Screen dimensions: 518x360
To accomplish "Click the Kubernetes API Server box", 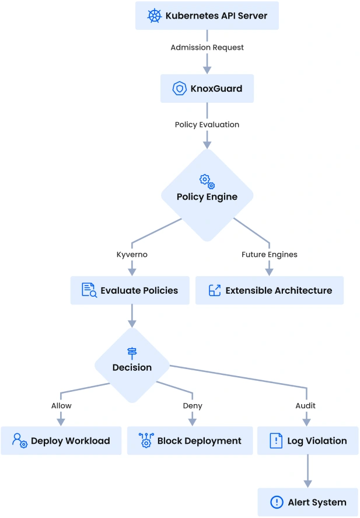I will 207,16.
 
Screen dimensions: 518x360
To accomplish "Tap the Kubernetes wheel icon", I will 154,16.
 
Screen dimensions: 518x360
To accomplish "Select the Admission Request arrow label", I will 207,47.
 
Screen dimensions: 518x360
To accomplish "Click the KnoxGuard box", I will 207,89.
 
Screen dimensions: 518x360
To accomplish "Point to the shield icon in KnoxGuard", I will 179,89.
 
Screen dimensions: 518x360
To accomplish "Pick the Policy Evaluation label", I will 207,124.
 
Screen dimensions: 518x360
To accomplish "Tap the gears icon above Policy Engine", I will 207,180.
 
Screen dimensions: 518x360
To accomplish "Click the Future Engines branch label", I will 269,255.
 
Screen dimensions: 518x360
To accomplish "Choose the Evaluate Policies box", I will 130,290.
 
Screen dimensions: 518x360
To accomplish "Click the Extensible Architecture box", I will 269,290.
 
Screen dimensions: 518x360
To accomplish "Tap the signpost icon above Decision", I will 132,352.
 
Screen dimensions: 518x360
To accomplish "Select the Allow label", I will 61,405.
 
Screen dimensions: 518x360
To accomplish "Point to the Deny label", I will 193,405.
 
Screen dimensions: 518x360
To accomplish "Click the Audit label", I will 306,405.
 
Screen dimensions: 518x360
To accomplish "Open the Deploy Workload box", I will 61,441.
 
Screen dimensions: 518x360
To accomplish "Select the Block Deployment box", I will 190,441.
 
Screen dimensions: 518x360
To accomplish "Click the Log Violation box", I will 307,441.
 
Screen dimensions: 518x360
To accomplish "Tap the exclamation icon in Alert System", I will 276,502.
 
